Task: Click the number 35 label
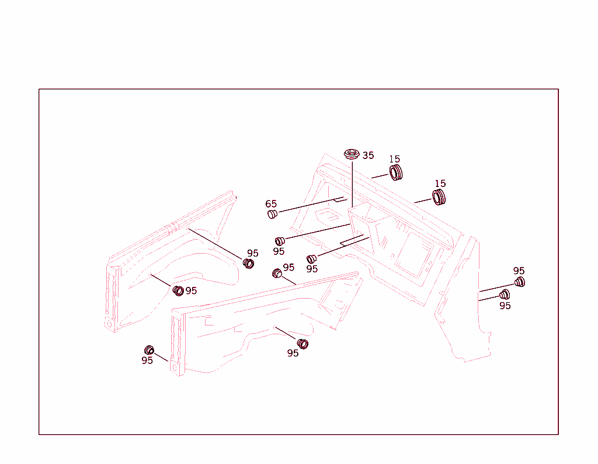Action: [x=368, y=155]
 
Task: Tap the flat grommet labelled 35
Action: [x=352, y=154]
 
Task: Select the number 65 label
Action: [x=271, y=204]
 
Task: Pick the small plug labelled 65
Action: [x=272, y=214]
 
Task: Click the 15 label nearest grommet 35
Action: [x=394, y=159]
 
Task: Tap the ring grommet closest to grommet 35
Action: [x=396, y=173]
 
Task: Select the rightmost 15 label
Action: [x=440, y=183]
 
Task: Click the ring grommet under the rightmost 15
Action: [x=439, y=198]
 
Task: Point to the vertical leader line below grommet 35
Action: [x=352, y=184]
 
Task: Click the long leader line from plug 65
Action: [x=311, y=205]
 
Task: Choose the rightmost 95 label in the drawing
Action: [x=519, y=271]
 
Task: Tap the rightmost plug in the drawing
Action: [x=519, y=282]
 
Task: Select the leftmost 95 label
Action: [x=147, y=360]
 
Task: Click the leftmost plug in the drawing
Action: [x=149, y=350]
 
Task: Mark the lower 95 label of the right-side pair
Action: [x=505, y=306]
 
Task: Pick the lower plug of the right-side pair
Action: [x=505, y=295]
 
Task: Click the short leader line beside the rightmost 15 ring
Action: [x=423, y=200]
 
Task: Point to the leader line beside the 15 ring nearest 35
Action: [x=380, y=176]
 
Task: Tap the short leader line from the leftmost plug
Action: [x=161, y=358]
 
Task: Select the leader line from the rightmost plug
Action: [x=496, y=288]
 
